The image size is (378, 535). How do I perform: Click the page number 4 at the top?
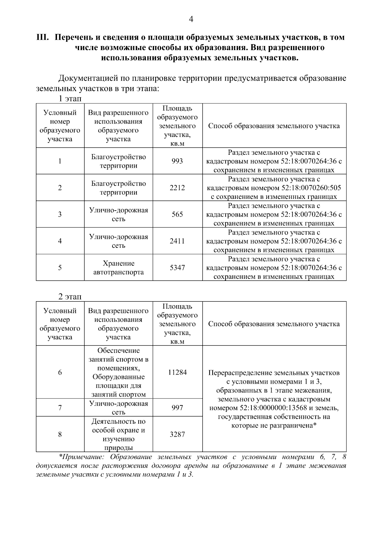(x=191, y=20)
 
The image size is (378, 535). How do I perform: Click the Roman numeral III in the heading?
(x=43, y=38)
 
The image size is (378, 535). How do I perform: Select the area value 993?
(x=177, y=161)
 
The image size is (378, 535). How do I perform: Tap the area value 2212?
(x=177, y=188)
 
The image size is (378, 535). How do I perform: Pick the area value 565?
(x=177, y=214)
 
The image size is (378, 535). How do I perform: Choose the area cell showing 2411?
(x=177, y=241)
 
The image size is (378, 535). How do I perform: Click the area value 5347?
(x=177, y=268)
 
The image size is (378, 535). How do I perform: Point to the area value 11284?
(x=177, y=372)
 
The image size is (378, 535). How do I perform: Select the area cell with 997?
(x=177, y=408)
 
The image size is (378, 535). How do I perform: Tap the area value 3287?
(x=177, y=434)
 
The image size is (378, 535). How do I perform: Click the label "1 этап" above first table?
(x=70, y=99)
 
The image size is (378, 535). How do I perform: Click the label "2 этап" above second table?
(x=70, y=297)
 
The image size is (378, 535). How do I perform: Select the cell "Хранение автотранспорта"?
(x=118, y=268)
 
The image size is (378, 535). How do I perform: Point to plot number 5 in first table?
(x=60, y=268)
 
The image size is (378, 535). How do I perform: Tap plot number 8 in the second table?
(x=60, y=434)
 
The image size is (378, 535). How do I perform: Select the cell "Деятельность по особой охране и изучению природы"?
(x=118, y=434)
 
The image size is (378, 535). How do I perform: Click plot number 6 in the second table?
(x=60, y=372)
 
